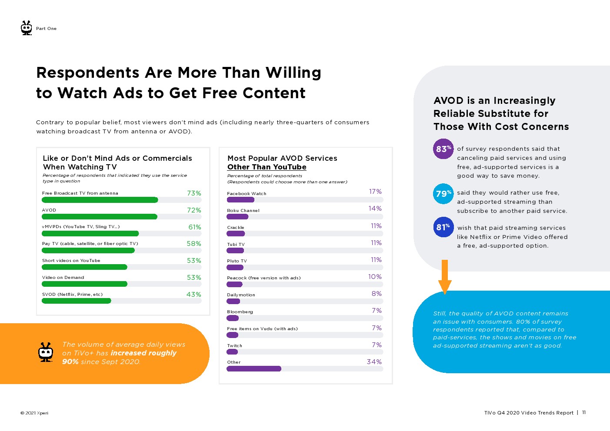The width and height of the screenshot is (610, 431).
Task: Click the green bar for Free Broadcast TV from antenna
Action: click(x=100, y=200)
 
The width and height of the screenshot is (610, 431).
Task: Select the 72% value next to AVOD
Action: click(x=194, y=210)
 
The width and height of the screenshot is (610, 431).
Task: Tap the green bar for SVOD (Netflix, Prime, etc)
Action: click(x=76, y=301)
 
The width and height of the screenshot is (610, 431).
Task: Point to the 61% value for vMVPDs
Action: click(x=194, y=227)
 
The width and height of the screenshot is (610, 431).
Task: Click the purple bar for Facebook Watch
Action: click(x=240, y=200)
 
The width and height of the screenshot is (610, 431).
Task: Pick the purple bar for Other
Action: click(x=254, y=369)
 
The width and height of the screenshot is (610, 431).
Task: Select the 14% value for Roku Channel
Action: click(x=375, y=209)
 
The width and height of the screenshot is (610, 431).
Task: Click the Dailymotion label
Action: click(x=241, y=295)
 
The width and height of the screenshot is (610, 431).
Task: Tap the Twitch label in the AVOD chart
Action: click(x=234, y=346)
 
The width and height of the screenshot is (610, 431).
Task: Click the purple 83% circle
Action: click(x=443, y=149)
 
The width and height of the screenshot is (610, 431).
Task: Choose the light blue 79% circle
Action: click(x=443, y=194)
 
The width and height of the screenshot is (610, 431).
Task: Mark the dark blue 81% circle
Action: click(x=443, y=227)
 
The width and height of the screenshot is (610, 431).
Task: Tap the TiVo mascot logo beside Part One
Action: click(x=27, y=28)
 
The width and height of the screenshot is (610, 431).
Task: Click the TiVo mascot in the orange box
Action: click(x=46, y=352)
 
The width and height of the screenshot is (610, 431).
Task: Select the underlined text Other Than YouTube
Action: click(x=267, y=167)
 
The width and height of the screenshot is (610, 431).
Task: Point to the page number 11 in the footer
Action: click(x=584, y=413)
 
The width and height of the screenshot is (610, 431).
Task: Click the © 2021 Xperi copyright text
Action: click(x=34, y=413)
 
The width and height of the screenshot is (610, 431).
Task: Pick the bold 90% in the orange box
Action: click(x=70, y=362)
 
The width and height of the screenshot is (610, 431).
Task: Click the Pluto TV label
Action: click(x=237, y=261)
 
